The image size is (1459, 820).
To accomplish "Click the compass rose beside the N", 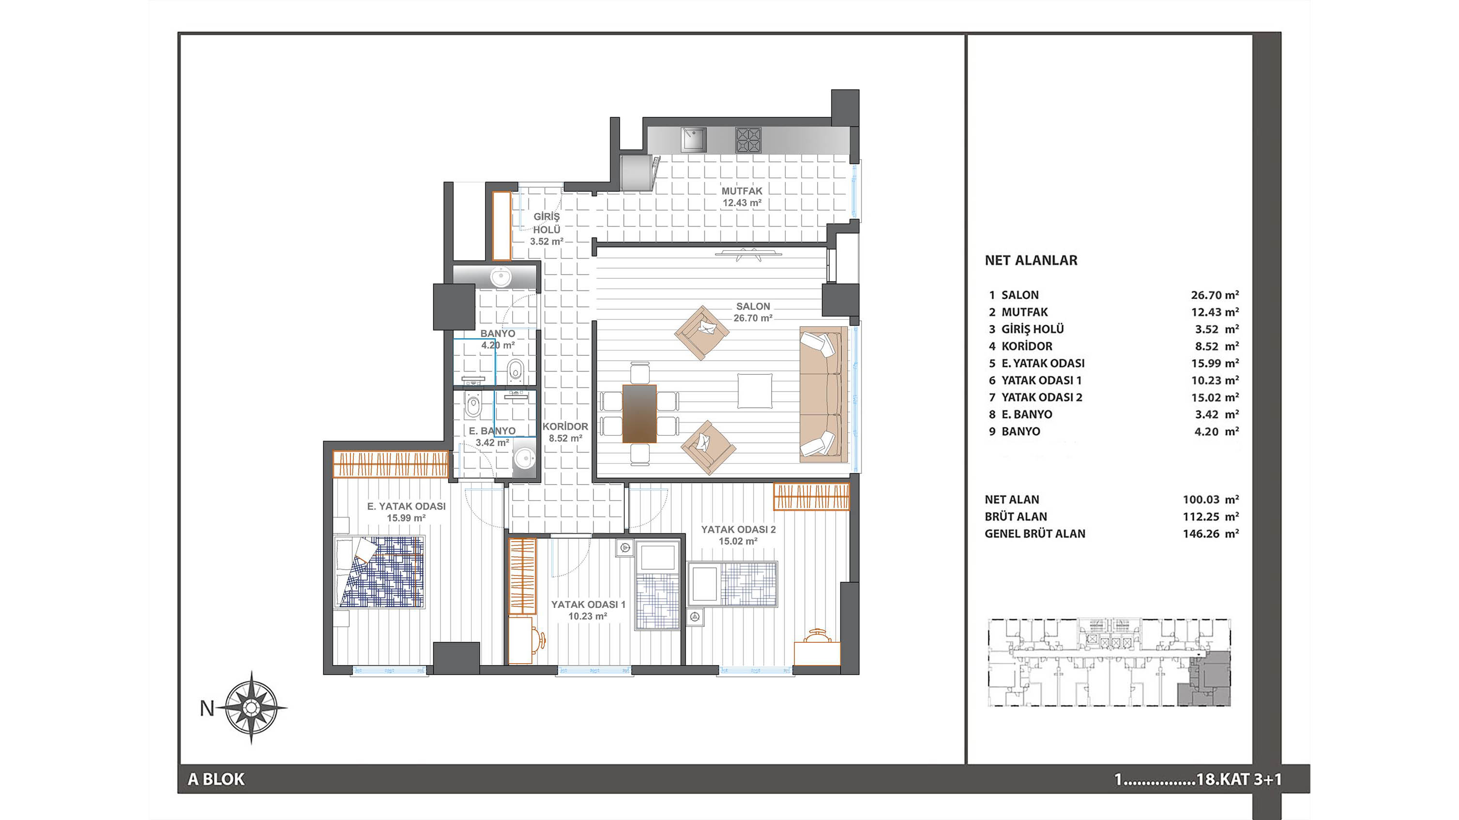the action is coord(252,708).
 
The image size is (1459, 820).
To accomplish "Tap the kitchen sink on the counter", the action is coord(693,140).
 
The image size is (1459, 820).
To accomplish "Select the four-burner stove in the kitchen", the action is coord(748,140).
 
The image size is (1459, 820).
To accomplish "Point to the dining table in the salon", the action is coord(639,413).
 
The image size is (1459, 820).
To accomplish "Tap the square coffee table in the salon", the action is coord(754,391).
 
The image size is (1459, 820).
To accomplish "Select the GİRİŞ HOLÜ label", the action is coord(547,223).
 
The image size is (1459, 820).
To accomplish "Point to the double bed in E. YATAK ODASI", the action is coord(380,572).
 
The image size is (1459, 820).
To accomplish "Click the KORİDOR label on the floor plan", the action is coord(565,426).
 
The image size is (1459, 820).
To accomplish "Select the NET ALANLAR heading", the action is coord(1031,260).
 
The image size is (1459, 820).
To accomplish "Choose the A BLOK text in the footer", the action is coord(216,779).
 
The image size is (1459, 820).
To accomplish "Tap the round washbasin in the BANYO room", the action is coord(501,277).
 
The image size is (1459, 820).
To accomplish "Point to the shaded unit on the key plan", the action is coord(1203,686).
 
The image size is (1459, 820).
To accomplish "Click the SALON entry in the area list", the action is coord(1020,295).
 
